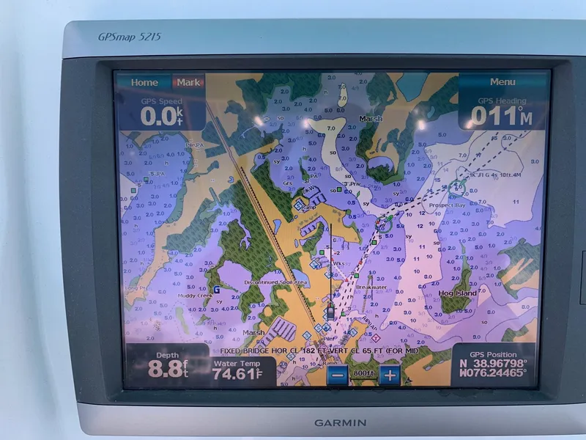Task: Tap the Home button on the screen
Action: pyautogui.click(x=144, y=83)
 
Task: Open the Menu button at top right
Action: pyautogui.click(x=502, y=82)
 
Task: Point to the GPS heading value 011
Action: pyautogui.click(x=500, y=115)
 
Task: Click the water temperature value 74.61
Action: pyautogui.click(x=236, y=375)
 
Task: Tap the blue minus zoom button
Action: pyautogui.click(x=337, y=375)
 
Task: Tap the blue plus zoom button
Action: pyautogui.click(x=390, y=375)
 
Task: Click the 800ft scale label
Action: pyautogui.click(x=363, y=374)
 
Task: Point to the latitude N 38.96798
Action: pyautogui.click(x=493, y=363)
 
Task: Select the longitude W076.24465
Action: pyautogui.click(x=493, y=373)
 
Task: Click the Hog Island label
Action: pyautogui.click(x=457, y=293)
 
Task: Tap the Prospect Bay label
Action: pyautogui.click(x=447, y=205)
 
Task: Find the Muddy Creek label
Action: pyautogui.click(x=195, y=296)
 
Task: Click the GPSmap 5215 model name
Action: pyautogui.click(x=130, y=36)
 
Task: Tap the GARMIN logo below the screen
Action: pyautogui.click(x=340, y=422)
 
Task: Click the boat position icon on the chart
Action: pyautogui.click(x=331, y=312)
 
